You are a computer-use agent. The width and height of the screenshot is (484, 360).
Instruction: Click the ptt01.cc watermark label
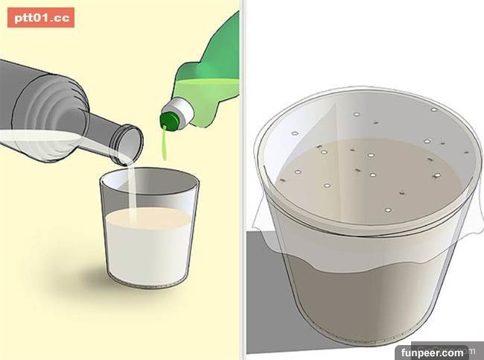point(41,18)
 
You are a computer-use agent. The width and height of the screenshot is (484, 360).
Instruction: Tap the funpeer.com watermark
point(432,353)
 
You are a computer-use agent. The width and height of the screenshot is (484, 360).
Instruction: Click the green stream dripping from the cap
point(165,144)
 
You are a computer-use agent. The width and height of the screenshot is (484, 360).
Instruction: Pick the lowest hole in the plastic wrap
point(388,210)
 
